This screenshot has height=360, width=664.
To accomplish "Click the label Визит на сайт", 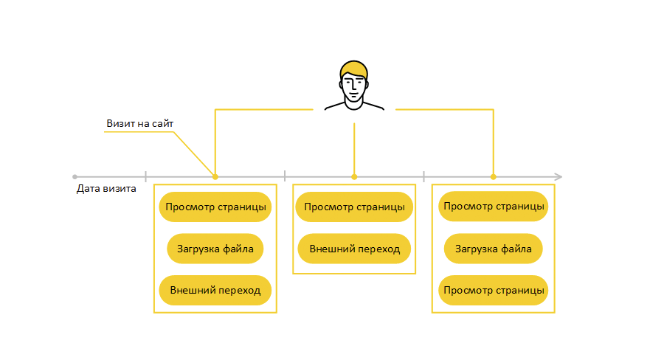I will (x=139, y=124).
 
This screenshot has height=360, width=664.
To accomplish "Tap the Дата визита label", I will (x=106, y=189).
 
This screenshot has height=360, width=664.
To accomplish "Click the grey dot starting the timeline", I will (x=75, y=177).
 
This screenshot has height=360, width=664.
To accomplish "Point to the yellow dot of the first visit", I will (x=215, y=177).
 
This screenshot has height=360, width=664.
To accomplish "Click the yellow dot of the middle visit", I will (x=354, y=177).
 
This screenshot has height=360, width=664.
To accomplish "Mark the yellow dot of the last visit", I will (x=494, y=177).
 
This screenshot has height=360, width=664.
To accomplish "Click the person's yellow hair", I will (x=354, y=69).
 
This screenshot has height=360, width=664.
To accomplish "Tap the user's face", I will (x=355, y=88).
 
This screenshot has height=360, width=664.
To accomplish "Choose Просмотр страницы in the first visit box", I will (x=215, y=207).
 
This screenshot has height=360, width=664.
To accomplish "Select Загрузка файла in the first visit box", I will (x=215, y=249).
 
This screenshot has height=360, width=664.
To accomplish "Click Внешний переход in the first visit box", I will (x=215, y=290).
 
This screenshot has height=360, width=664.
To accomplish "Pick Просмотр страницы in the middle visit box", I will (x=354, y=207).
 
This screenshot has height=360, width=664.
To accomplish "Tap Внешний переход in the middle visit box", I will (x=354, y=249).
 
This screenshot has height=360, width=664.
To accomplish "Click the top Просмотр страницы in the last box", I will (x=494, y=206).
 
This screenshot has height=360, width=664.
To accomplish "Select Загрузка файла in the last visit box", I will (x=494, y=249).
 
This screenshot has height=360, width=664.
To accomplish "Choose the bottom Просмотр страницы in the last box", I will (x=494, y=290).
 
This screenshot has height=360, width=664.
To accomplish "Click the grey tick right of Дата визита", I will (x=145, y=177).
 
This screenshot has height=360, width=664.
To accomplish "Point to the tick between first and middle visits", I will (x=285, y=177).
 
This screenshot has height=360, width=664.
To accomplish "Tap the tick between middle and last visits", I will (x=423, y=177).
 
